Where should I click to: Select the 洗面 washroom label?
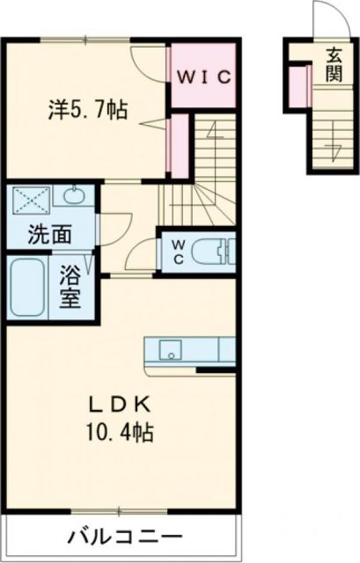click(49, 236)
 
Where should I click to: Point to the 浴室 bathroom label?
click(70, 287)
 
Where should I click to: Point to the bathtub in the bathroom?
click(28, 287)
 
